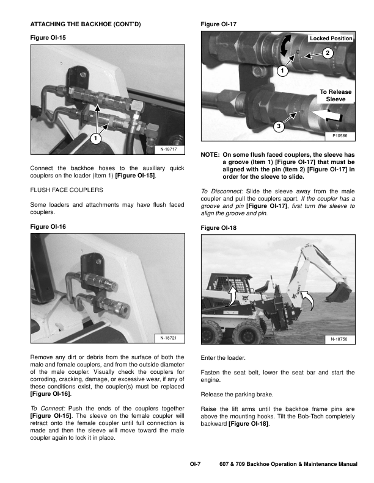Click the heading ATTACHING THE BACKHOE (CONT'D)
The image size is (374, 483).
(x=86, y=24)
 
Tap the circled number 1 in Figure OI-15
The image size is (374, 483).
(x=96, y=138)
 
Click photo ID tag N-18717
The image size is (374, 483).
(x=169, y=148)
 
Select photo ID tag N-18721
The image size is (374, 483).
(x=169, y=338)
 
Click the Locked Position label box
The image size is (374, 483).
(x=331, y=38)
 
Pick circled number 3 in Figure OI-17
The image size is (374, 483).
(x=278, y=126)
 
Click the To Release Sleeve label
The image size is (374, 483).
(x=335, y=95)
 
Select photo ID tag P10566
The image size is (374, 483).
(x=340, y=137)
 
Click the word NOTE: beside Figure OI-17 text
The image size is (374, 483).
(x=210, y=156)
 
